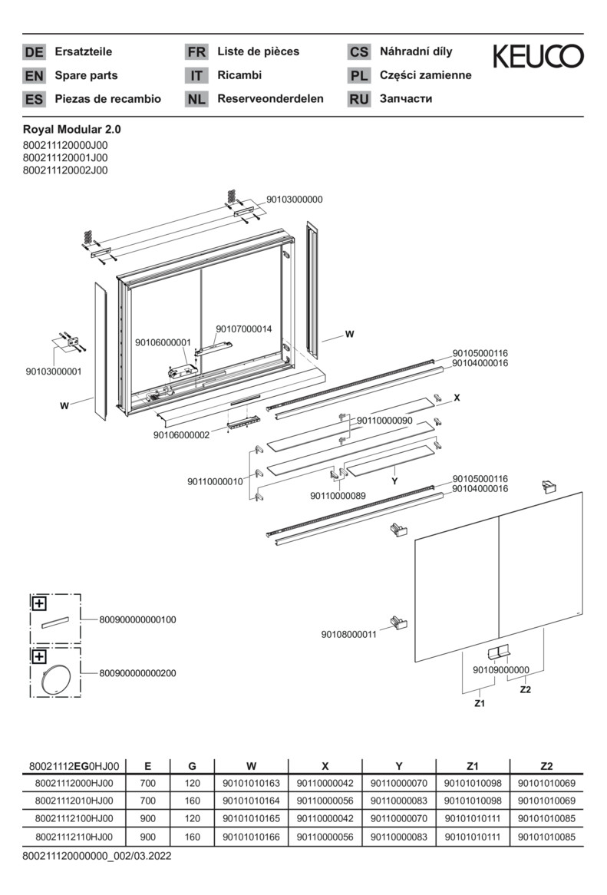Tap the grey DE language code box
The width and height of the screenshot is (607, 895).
pyautogui.click(x=35, y=52)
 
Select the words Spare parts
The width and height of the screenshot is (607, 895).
pyautogui.click(x=86, y=75)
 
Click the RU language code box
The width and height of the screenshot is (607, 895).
pyautogui.click(x=359, y=99)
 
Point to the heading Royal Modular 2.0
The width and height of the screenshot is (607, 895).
pyautogui.click(x=72, y=130)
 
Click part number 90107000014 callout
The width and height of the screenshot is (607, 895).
pyautogui.click(x=243, y=329)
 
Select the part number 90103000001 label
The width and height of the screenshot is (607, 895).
pyautogui.click(x=54, y=372)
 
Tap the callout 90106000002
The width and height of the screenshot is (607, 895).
pyautogui.click(x=181, y=434)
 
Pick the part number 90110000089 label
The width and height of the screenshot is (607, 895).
pyautogui.click(x=338, y=496)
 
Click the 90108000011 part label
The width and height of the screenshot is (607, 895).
pyautogui.click(x=348, y=634)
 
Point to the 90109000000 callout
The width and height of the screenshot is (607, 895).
pyautogui.click(x=501, y=669)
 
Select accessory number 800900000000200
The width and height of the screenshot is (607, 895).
pyautogui.click(x=137, y=673)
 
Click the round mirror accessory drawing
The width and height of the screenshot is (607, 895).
pyautogui.click(x=55, y=679)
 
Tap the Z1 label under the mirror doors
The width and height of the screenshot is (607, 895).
pyautogui.click(x=480, y=702)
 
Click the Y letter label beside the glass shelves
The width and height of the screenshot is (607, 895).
pyautogui.click(x=394, y=481)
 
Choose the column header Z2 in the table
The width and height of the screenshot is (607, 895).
pyautogui.click(x=546, y=765)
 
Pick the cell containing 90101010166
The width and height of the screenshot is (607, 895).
pyautogui.click(x=251, y=837)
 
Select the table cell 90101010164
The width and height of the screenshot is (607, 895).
pyautogui.click(x=251, y=801)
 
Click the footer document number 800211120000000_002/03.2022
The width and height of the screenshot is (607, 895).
pyautogui.click(x=97, y=855)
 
